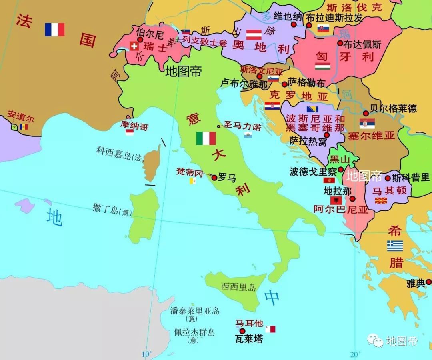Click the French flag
54,30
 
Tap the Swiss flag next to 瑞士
134,46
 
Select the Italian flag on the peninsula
206,138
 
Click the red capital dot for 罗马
214,178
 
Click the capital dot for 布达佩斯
340,43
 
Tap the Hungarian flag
322,66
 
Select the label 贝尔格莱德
393,108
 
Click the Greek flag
395,246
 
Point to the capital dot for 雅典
428,282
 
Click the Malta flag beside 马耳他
270,329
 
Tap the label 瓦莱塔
249,339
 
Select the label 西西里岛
238,287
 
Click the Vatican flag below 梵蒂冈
193,181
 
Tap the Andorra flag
24,127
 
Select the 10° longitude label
146,354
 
